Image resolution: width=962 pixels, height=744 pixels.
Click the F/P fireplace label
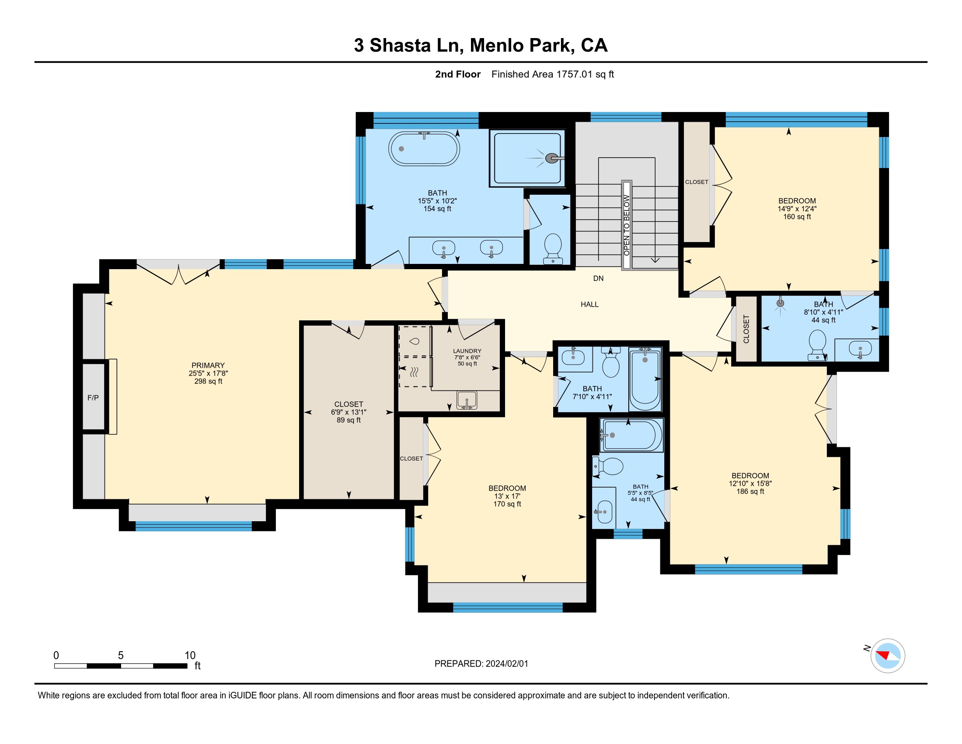(93, 398)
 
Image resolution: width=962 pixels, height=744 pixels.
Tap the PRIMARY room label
(208, 365)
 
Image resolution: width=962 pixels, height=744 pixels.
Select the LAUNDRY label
(467, 351)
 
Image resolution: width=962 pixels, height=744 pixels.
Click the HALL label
(589, 305)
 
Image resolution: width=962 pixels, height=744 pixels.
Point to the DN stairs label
(598, 278)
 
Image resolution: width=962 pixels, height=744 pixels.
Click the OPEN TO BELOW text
(626, 225)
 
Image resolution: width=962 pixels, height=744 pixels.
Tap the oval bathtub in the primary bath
(424, 148)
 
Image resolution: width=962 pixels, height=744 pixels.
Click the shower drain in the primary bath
(551, 158)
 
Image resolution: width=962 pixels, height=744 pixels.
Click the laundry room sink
(467, 400)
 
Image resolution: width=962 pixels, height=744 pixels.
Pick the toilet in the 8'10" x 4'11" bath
(818, 345)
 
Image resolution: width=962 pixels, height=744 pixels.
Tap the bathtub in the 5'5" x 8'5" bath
(631, 435)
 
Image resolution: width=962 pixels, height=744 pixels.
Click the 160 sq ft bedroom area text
(797, 217)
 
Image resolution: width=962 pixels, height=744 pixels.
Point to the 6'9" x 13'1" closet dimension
(349, 412)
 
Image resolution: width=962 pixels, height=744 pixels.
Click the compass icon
(888, 656)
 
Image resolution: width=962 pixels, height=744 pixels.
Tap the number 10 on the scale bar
(190, 656)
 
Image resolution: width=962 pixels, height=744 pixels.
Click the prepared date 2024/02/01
(506, 664)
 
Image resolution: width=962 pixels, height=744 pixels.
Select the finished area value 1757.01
(574, 74)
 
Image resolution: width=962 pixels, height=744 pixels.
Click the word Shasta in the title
(400, 46)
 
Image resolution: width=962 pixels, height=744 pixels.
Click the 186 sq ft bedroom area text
(750, 491)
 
